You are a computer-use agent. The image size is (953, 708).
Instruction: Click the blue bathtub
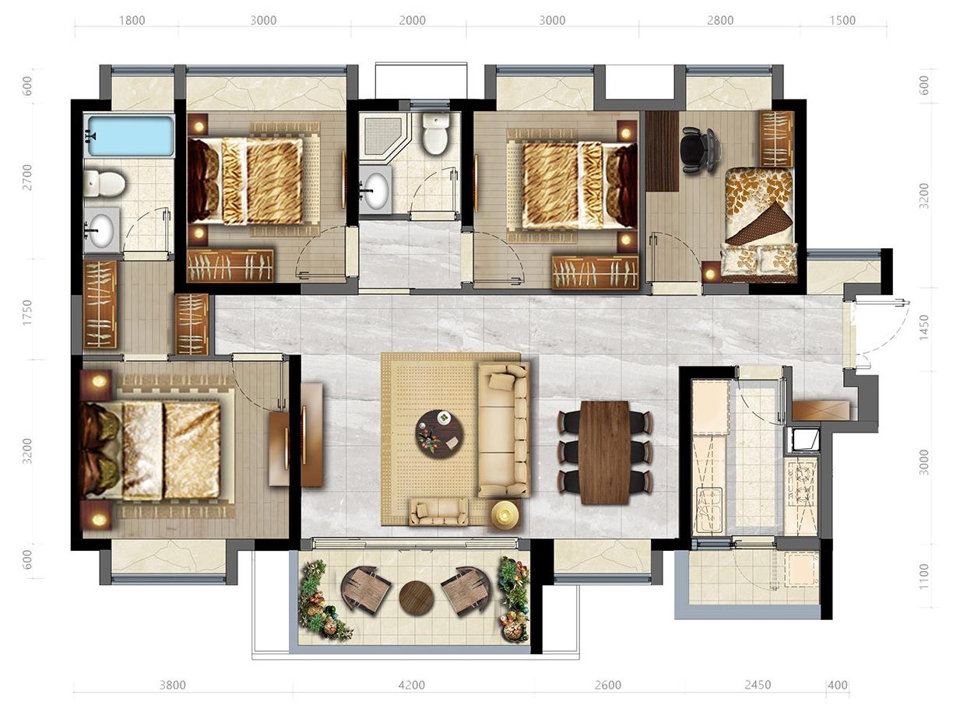(x=131, y=135)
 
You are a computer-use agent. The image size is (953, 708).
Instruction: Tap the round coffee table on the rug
(x=440, y=433)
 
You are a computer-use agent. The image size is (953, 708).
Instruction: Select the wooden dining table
(x=603, y=452)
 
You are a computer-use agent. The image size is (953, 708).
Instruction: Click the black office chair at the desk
(x=697, y=150)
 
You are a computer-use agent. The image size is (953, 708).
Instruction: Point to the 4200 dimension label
(x=412, y=685)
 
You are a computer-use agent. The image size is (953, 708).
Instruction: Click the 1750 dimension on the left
(x=27, y=312)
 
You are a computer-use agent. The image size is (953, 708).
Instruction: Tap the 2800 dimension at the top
(x=720, y=20)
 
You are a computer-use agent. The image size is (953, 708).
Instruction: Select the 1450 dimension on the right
(x=923, y=328)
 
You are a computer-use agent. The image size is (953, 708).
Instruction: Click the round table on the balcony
(x=417, y=598)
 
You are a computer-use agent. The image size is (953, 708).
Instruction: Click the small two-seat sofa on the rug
(x=438, y=512)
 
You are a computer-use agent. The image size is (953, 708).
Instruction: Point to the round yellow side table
(x=505, y=515)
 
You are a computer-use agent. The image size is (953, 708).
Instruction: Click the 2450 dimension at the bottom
(x=758, y=685)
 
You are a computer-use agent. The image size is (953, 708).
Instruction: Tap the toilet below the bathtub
(x=104, y=183)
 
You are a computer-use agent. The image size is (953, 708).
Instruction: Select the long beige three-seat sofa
(x=504, y=429)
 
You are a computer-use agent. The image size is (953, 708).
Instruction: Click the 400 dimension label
(x=838, y=685)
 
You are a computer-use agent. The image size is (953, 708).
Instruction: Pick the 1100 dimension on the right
(x=923, y=577)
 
